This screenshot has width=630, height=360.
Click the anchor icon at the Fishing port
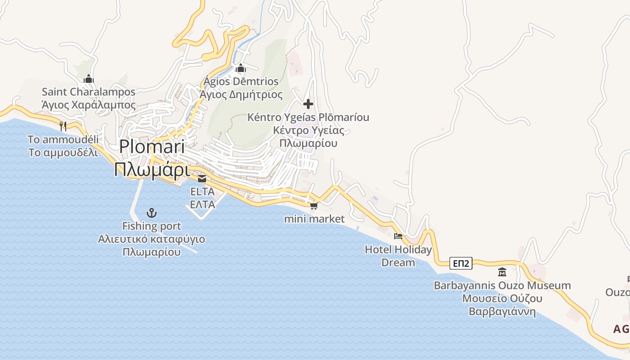pos(152,212)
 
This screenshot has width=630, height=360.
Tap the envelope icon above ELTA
pos(202,179)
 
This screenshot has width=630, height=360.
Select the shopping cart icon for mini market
pos(314,206)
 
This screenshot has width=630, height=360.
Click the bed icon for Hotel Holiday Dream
pos(398,236)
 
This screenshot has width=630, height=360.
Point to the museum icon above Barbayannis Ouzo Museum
pos(502,272)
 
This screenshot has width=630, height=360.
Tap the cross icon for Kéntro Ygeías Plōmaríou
pos(308,104)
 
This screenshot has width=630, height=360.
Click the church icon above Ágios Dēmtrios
pos(241,68)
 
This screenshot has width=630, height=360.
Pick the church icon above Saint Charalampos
pos(89,79)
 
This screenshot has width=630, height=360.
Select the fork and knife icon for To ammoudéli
pos(63,126)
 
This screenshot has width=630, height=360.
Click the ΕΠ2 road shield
pos(461,264)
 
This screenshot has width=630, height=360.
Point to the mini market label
pos(315,219)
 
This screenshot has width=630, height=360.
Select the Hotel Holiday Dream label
pos(398,256)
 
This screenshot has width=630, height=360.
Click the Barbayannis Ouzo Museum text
pos(502,285)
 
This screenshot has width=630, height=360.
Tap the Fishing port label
pos(152,226)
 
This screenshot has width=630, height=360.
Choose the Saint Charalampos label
pos(89,92)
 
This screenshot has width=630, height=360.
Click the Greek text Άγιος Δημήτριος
pos(241,95)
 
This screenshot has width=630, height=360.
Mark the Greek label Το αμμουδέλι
pos(63,153)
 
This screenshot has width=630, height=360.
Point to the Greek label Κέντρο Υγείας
pos(309,131)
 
